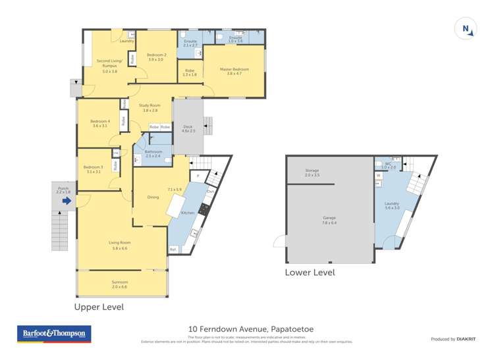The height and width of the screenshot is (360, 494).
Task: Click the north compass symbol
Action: pos(466,28)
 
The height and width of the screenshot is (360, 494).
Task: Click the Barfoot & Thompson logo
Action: pos(54,334)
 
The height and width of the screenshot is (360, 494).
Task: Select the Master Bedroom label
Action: pos(234,70)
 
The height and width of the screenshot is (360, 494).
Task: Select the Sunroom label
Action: pos(119,282)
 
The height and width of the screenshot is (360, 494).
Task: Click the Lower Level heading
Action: pos(310,272)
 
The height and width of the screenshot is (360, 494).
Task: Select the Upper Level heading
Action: pos(99,307)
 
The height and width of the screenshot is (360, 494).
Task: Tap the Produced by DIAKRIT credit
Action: pos(453,339)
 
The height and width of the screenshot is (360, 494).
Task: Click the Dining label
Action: pos(153,197)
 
